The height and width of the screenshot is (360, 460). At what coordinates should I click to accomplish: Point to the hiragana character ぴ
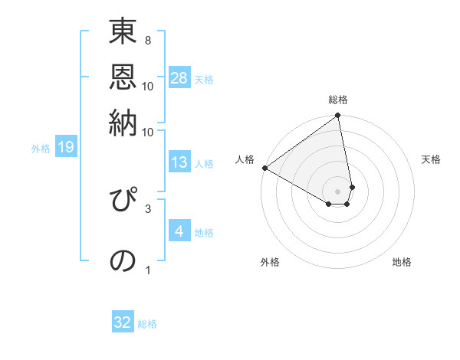[123, 200]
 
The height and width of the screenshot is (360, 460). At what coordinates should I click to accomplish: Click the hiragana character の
[123, 260]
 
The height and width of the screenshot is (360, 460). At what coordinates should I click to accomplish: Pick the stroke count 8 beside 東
[147, 40]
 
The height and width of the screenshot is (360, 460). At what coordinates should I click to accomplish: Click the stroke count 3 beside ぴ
[148, 207]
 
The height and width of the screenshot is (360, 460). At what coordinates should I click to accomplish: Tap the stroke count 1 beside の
[148, 270]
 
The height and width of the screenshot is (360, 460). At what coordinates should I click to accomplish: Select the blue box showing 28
[179, 78]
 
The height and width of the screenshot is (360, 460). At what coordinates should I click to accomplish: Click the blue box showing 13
[179, 162]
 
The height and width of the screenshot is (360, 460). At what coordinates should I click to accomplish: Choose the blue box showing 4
[179, 231]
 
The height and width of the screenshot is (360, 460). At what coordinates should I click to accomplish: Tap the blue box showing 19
[66, 148]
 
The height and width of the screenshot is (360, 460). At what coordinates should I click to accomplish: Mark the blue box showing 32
[123, 322]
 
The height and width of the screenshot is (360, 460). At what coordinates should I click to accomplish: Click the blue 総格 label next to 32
[147, 324]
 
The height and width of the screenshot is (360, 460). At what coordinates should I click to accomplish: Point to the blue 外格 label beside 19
[40, 149]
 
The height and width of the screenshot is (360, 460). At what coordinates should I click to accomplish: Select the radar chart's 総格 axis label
[338, 100]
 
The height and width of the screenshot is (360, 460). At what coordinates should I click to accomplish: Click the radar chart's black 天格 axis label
[431, 159]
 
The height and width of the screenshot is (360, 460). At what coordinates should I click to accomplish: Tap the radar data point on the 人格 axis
[264, 168]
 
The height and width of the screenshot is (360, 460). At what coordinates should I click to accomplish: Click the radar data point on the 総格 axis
[338, 116]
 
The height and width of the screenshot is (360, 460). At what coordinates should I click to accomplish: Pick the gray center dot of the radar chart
[338, 190]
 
